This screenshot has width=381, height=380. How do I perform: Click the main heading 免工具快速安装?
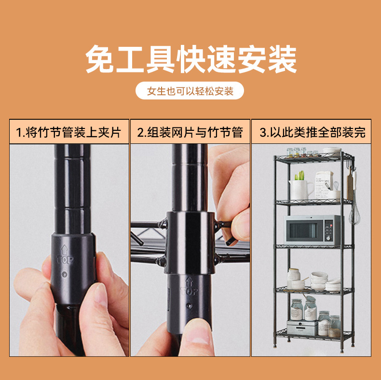[190, 60]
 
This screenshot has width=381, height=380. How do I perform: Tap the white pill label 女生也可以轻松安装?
[190, 91]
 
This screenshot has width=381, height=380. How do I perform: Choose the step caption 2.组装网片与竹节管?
[190, 132]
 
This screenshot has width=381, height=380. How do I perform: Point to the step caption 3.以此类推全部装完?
[312, 132]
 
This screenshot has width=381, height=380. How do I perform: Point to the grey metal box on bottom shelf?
[302, 327]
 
